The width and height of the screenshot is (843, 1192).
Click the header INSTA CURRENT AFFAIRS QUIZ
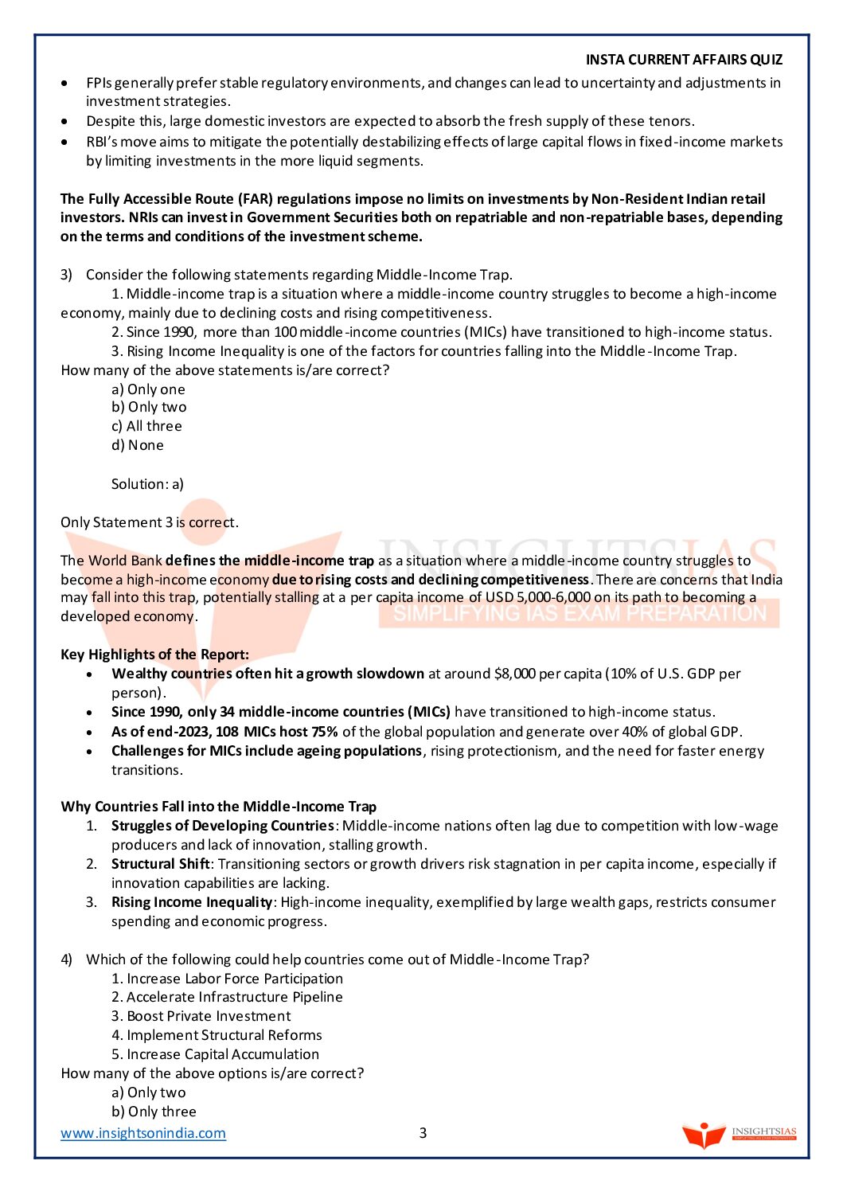(684, 60)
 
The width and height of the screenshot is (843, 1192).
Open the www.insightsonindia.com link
(143, 1132)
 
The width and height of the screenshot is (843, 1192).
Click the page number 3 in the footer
(423, 1132)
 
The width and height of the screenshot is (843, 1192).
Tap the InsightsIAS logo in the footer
(739, 1134)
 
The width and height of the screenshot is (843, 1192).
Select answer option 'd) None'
(138, 445)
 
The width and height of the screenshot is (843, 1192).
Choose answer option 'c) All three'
(146, 426)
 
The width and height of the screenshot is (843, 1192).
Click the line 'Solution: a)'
(147, 483)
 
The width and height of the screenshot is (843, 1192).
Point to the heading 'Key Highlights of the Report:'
(154, 655)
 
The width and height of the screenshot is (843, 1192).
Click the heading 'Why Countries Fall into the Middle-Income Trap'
(218, 807)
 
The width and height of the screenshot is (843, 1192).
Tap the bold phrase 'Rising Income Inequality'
(192, 902)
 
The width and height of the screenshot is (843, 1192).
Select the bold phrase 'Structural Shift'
(160, 864)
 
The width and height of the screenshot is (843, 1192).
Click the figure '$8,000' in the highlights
(514, 674)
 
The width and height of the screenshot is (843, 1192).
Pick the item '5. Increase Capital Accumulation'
(215, 1054)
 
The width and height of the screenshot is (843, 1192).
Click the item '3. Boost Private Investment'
(201, 1016)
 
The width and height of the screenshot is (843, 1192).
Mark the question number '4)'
(66, 959)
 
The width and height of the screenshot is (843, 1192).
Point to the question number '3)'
(66, 275)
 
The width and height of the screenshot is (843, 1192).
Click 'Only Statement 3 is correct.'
(150, 522)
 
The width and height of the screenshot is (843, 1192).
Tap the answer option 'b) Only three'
(154, 1112)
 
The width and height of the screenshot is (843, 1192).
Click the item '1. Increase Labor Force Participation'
(227, 979)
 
